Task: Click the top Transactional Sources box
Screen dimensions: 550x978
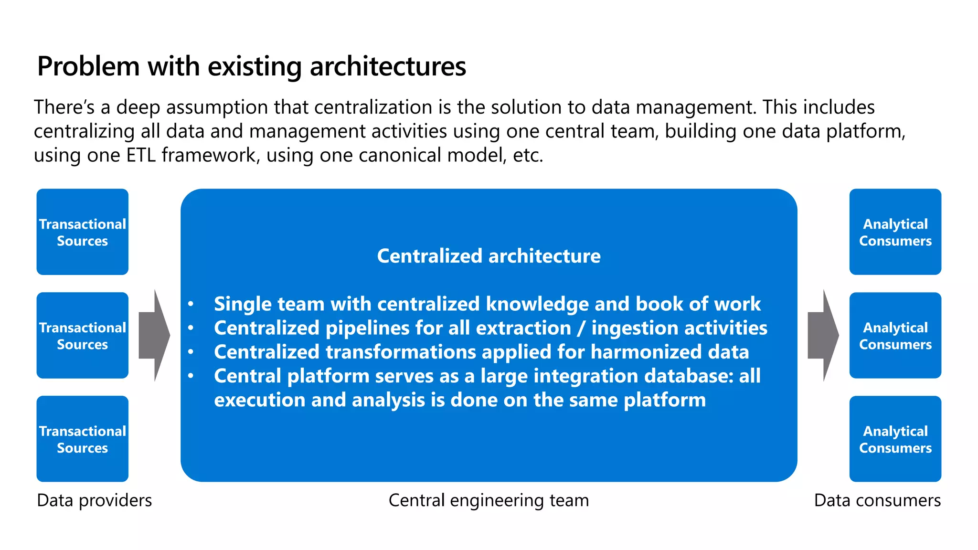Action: tap(82, 232)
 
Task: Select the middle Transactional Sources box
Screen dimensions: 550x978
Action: tap(82, 336)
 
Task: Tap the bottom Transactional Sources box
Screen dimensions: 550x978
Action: tap(82, 439)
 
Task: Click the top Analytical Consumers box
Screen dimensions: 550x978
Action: tap(895, 232)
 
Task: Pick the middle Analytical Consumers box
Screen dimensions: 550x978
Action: tap(895, 336)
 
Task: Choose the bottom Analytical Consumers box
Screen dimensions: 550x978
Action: tap(895, 439)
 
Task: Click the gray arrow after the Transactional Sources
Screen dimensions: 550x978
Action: tap(154, 336)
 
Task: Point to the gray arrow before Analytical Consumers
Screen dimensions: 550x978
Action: tap(823, 336)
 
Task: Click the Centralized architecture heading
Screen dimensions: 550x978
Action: tap(489, 256)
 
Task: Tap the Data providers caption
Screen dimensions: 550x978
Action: tap(94, 500)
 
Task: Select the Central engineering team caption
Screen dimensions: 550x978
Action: tap(489, 500)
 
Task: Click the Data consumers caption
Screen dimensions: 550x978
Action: tap(877, 500)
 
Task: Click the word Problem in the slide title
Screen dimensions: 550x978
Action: tap(88, 66)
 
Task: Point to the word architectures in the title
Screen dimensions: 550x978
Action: tap(388, 66)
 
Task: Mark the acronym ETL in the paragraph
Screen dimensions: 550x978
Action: tap(141, 155)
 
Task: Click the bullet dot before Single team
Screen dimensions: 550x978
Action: tap(191, 304)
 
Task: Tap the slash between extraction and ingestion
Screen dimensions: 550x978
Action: tap(581, 328)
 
